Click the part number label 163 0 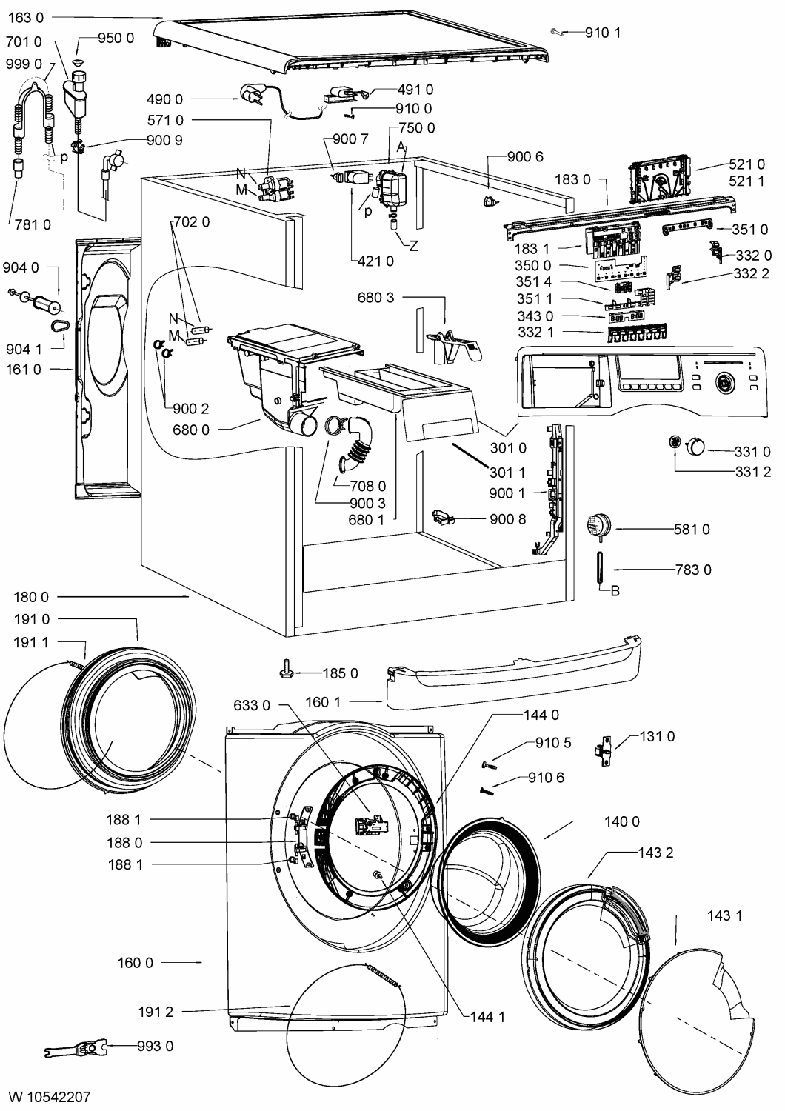coord(26,18)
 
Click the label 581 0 coord(692,530)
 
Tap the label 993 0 coord(156,1046)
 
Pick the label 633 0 coord(252,705)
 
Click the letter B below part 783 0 coord(615,591)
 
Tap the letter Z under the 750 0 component coord(413,246)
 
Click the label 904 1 coord(24,349)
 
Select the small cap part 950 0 coord(78,62)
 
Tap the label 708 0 coord(367,486)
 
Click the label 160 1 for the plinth coord(324,702)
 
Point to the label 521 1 coord(746,181)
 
